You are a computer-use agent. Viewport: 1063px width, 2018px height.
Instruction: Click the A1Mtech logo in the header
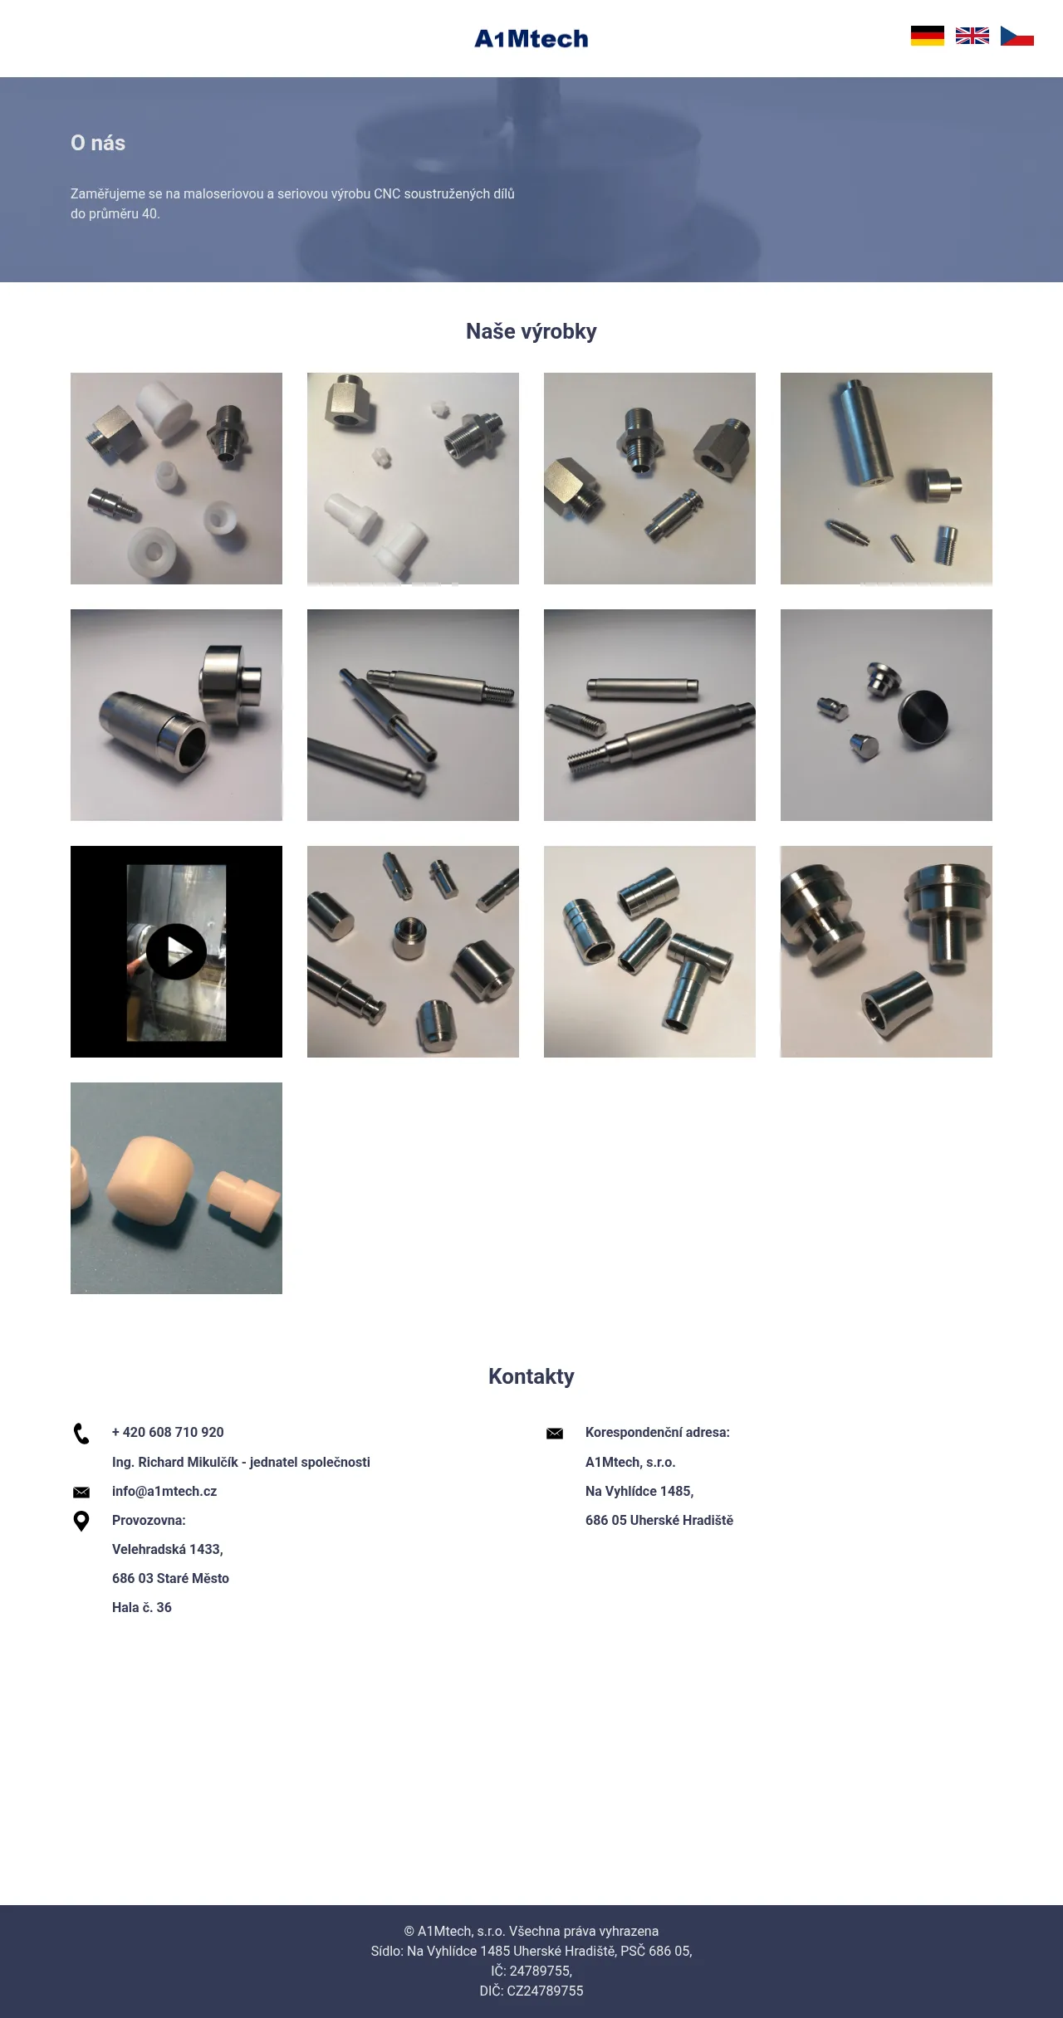[x=531, y=39]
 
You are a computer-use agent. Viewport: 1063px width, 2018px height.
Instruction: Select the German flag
[x=928, y=36]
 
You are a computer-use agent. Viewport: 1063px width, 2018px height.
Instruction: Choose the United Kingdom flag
[x=972, y=36]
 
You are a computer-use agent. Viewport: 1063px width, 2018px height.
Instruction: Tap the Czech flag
[x=1017, y=36]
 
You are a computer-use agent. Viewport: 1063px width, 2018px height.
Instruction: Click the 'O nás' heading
[x=98, y=143]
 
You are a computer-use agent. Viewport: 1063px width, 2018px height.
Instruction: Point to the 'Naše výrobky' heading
[x=531, y=331]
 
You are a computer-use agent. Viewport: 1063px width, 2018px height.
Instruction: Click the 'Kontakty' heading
[x=531, y=1376]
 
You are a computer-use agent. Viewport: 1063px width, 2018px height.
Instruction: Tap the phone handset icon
[x=81, y=1434]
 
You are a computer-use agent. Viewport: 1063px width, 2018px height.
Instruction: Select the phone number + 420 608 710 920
[x=168, y=1432]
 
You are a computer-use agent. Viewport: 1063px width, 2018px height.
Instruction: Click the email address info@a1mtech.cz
[x=164, y=1491]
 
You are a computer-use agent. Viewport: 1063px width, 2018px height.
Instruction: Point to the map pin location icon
[x=81, y=1521]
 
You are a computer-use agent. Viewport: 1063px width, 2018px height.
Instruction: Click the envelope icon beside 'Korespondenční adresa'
[x=555, y=1434]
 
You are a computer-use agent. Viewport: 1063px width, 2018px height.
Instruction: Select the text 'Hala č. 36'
[x=142, y=1607]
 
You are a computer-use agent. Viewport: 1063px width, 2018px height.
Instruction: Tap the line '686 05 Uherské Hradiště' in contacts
[x=659, y=1520]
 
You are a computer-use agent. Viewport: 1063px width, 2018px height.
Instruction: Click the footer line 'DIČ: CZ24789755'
[x=531, y=1991]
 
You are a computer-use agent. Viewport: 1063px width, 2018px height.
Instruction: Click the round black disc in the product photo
[x=923, y=717]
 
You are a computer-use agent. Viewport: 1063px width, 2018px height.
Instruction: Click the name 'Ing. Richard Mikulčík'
[x=175, y=1462]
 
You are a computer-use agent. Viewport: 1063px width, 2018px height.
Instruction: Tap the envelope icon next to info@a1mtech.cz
[x=81, y=1493]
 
